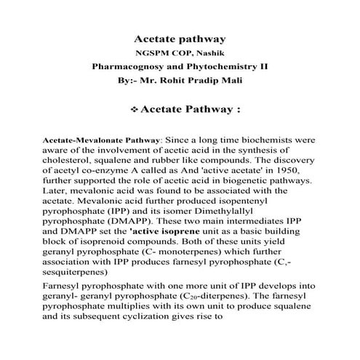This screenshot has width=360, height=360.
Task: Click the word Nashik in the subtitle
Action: [207, 52]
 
